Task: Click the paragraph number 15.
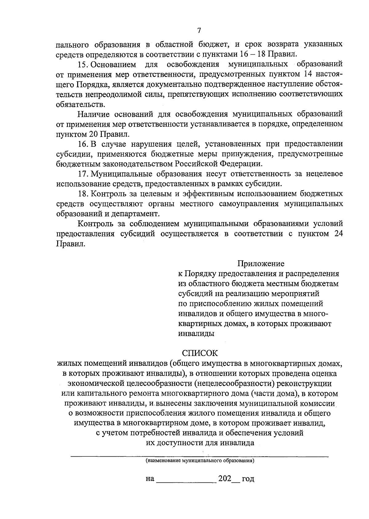point(82,64)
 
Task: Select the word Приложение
point(260,264)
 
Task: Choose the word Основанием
point(114,64)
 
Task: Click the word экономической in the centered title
point(98,383)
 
